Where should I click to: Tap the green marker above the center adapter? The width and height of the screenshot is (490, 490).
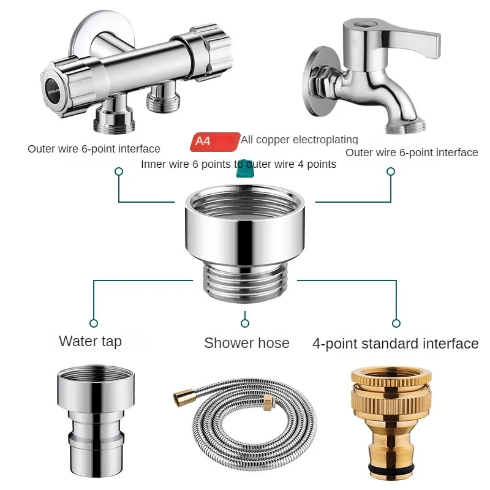coord(244,168)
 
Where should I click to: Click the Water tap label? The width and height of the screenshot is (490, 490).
coord(90,341)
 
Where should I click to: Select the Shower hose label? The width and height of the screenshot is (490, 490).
coord(246,343)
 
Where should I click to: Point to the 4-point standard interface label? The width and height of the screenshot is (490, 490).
coord(395,344)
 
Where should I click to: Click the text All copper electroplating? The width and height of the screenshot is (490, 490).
coord(299,140)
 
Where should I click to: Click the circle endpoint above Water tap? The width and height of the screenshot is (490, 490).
coord(94,323)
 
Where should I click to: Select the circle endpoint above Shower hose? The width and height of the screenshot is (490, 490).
coord(245,323)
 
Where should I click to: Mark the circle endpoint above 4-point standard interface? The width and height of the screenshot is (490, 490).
coord(396,323)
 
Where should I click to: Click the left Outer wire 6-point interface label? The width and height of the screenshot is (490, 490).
coord(94,149)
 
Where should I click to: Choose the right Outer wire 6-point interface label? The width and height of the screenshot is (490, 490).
coord(412,153)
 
